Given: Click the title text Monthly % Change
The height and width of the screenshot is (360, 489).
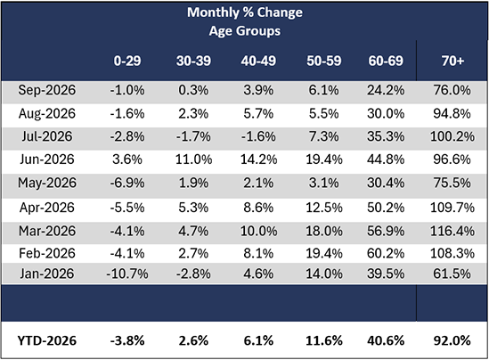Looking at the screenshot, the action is point(245,12).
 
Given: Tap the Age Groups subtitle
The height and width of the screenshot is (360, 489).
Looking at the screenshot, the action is point(245,31).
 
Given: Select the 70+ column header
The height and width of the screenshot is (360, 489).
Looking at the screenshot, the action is point(452,61).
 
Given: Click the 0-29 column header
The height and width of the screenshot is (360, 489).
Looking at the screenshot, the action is point(127,61).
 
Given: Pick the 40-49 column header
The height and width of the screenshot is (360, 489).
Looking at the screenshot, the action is point(258,61).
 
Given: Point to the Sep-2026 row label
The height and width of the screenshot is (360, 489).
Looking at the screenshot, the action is point(47,90).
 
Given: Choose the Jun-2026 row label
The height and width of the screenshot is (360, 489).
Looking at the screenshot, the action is point(47,160).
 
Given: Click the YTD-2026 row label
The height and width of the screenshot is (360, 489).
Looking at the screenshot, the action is point(47,340).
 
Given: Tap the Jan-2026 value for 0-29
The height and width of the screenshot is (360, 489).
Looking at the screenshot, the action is point(127,274).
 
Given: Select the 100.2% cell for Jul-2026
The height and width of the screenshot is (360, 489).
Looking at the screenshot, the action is point(452,136).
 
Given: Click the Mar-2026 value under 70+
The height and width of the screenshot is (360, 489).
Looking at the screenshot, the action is point(452,231).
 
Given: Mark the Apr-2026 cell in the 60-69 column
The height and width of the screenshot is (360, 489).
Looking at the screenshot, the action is point(386,208).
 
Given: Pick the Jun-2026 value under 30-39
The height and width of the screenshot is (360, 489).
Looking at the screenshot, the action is point(193,160).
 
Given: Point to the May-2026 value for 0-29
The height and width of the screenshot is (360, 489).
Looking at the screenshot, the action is point(127,183).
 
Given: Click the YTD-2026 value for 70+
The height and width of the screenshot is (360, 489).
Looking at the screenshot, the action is point(452,340).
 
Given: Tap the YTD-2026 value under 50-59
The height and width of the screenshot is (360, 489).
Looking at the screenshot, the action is point(324,340).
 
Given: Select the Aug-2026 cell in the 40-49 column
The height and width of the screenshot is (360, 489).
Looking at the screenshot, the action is point(258,113).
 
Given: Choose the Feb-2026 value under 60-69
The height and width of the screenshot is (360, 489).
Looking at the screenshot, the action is point(386,253).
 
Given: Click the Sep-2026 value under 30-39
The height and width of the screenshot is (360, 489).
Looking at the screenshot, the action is point(193,90).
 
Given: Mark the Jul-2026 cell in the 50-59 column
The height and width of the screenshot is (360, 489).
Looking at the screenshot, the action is point(323,136).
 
